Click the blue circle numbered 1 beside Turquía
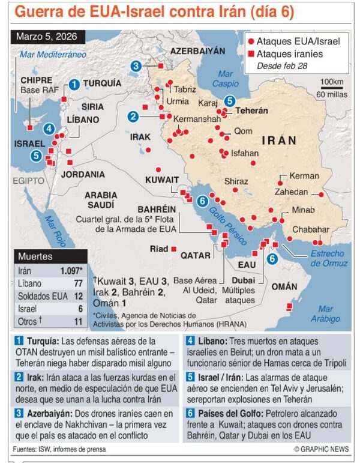74,84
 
